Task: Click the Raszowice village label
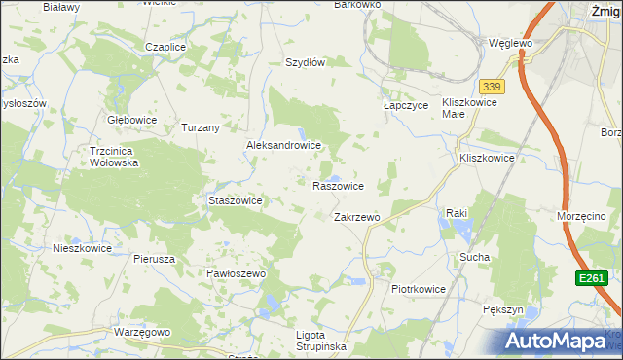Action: (338, 185)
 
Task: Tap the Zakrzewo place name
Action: (355, 217)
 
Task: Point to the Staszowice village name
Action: (236, 200)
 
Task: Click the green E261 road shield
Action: (589, 278)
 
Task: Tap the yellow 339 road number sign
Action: (493, 88)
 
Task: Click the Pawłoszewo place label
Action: (236, 274)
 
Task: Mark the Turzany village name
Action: (201, 127)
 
